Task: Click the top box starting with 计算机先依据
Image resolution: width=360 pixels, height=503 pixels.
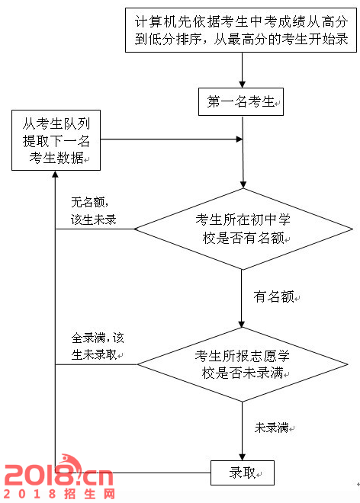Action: tap(241, 30)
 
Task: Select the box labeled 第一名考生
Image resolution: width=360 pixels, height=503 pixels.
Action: tap(241, 101)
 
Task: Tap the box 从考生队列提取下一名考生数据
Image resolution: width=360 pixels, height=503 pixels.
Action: tap(56, 140)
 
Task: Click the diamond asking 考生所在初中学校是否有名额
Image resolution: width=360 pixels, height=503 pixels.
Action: tap(243, 229)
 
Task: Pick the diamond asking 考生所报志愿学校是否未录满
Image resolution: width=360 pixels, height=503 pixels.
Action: tap(243, 364)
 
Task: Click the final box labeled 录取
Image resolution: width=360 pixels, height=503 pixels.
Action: tap(243, 473)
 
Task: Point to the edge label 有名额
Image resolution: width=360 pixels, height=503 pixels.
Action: tap(274, 296)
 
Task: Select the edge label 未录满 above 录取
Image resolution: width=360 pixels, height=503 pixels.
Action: tap(272, 428)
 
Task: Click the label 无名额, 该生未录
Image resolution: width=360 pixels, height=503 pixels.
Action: tap(93, 211)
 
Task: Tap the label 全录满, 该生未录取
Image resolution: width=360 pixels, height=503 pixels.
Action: tap(98, 347)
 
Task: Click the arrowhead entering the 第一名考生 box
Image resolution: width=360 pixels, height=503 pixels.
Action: tap(242, 85)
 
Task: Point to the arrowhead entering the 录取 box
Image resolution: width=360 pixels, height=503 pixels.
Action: tap(242, 457)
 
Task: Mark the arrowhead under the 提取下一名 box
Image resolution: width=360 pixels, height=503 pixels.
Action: tap(55, 174)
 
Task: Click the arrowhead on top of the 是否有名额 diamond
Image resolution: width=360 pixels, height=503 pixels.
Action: tap(243, 184)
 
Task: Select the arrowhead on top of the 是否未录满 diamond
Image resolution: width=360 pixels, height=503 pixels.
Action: tap(242, 324)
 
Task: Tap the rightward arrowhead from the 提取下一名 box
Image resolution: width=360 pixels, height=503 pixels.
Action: tap(239, 139)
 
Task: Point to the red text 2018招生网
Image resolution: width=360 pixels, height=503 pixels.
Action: tap(59, 494)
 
